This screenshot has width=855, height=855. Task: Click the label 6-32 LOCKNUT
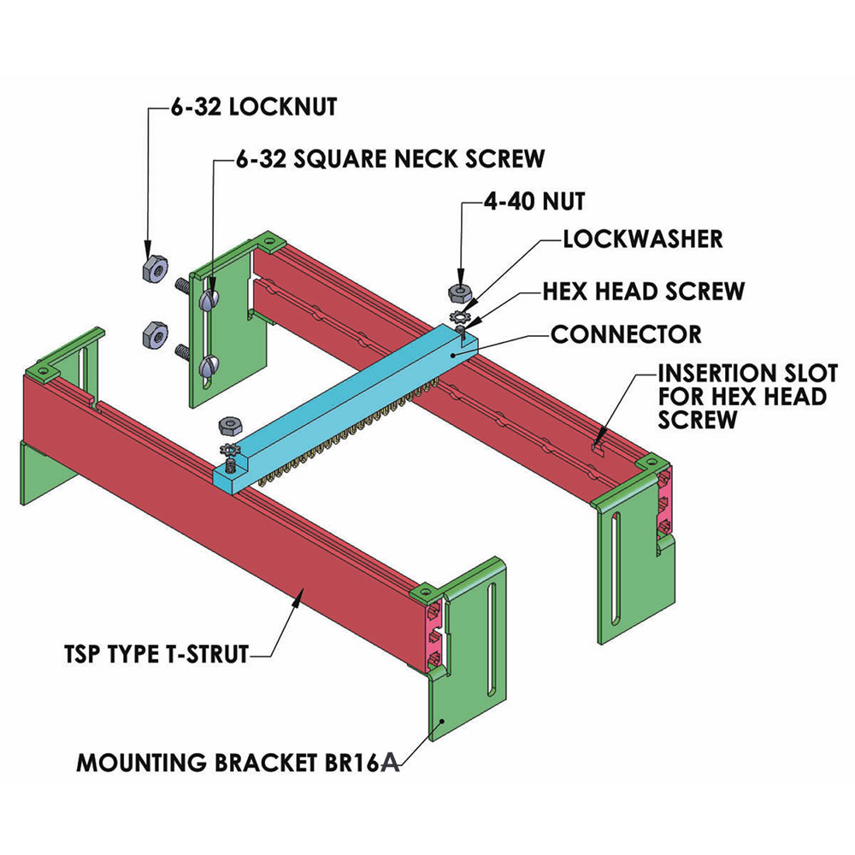(251, 108)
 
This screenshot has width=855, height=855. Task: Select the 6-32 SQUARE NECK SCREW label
(390, 158)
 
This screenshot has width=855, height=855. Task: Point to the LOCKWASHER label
(642, 239)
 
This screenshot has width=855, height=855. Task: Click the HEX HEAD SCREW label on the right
(644, 291)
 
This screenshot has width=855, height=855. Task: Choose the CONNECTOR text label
(626, 333)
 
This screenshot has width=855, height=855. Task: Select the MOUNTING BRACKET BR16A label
(239, 762)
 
